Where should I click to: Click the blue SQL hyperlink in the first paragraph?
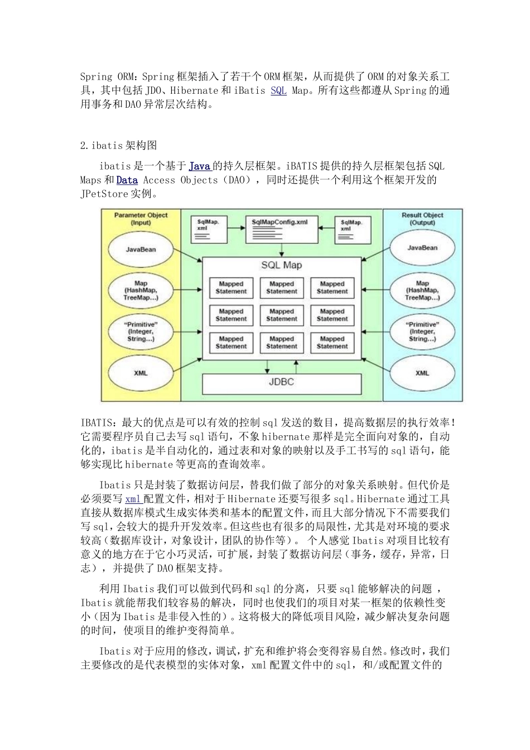[x=278, y=90]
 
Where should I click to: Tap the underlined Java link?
[x=199, y=166]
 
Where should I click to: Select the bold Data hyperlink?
[x=127, y=180]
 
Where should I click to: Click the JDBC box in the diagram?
[x=281, y=382]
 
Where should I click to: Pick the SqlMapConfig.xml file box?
[x=280, y=229]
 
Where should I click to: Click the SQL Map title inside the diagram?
[x=281, y=265]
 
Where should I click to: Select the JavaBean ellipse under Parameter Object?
[x=141, y=249]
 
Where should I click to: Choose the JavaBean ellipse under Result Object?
[x=422, y=248]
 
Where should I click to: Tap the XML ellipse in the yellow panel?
[x=141, y=373]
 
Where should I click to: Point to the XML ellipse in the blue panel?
[x=422, y=373]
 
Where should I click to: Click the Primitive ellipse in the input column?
[x=141, y=331]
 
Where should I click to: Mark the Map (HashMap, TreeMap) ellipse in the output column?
[x=422, y=290]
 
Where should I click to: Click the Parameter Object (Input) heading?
[x=141, y=218]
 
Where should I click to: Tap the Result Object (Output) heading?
[x=422, y=218]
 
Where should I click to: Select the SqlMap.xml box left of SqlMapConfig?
[x=209, y=229]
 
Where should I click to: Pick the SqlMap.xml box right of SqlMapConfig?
[x=353, y=229]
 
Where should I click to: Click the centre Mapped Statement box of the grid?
[x=281, y=315]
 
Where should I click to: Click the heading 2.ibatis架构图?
[x=119, y=146]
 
